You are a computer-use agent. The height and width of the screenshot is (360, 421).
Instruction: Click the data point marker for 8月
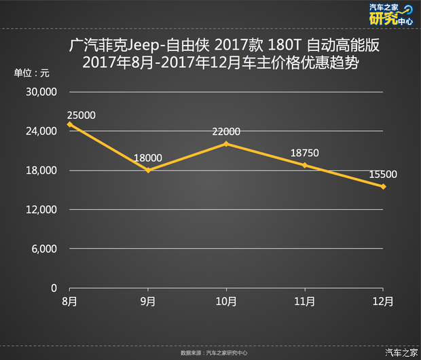(x=69, y=124)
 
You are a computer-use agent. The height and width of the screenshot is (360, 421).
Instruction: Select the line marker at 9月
(x=148, y=170)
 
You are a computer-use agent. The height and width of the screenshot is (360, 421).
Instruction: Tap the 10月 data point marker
(x=226, y=143)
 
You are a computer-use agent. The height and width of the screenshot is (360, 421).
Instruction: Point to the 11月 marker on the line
(x=305, y=165)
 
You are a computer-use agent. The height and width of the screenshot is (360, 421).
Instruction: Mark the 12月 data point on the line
(x=383, y=186)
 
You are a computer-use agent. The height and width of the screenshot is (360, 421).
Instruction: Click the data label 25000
(x=81, y=115)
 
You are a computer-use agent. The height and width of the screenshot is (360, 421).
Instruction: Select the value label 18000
(x=148, y=158)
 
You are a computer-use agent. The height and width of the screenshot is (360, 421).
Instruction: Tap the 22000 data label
(x=226, y=132)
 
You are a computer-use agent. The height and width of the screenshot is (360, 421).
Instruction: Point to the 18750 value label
(x=305, y=154)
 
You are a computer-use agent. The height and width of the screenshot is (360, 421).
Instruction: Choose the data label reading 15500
(x=383, y=175)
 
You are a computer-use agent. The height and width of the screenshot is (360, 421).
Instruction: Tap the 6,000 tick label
(x=46, y=249)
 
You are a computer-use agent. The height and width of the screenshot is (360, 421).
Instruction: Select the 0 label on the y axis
(x=54, y=288)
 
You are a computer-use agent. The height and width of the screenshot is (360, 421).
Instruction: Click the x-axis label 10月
(x=226, y=300)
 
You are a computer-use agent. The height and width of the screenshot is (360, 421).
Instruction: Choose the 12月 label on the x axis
(x=383, y=300)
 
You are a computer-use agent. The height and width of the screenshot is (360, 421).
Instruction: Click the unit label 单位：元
(x=31, y=73)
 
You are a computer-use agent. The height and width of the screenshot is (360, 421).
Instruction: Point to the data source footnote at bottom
(x=214, y=353)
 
